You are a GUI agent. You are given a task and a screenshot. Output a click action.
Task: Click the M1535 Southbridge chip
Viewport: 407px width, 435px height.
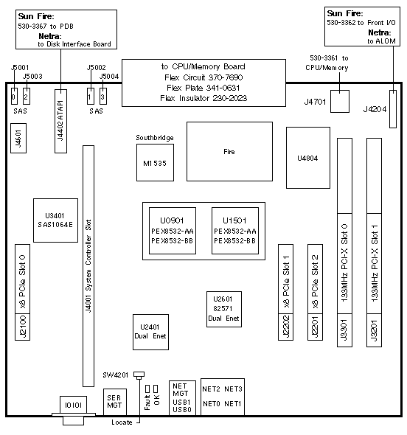point(155,162)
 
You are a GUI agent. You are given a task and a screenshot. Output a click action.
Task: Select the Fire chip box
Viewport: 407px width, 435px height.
point(229,151)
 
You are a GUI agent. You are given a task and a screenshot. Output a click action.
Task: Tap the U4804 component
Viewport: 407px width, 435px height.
point(308,158)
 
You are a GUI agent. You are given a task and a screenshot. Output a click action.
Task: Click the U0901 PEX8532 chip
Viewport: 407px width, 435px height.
point(173,231)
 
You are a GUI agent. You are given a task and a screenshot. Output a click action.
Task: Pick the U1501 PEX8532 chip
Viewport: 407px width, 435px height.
point(235,231)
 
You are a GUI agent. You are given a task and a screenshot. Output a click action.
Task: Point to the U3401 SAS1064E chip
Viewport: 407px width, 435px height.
point(55,220)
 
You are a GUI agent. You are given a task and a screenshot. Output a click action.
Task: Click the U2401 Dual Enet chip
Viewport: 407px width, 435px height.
point(150,332)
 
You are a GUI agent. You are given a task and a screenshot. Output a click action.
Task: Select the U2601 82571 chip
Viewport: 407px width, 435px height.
point(224,309)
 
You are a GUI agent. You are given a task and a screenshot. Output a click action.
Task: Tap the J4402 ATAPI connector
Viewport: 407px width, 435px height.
point(60,121)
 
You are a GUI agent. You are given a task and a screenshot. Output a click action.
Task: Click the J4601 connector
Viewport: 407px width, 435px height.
point(18,138)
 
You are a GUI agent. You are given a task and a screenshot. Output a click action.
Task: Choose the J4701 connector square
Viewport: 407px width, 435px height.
point(340,101)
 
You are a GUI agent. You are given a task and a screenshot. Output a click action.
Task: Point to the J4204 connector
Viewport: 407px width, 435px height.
point(393,109)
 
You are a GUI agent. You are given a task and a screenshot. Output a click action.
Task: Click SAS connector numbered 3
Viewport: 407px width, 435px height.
point(103,97)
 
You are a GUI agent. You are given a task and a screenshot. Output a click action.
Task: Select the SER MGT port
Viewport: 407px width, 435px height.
point(115,401)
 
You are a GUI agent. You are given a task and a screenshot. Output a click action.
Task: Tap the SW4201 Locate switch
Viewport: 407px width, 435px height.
point(139,375)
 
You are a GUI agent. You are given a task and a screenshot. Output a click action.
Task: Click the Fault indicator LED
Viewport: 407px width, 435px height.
point(147,389)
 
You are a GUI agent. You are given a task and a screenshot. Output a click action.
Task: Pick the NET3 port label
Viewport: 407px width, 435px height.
point(233,389)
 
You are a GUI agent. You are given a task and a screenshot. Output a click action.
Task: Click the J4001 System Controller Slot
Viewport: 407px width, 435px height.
point(88,265)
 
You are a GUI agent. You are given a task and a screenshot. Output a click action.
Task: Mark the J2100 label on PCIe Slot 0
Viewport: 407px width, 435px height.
point(22,327)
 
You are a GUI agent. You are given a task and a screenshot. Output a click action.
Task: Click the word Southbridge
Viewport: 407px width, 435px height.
point(155,138)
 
